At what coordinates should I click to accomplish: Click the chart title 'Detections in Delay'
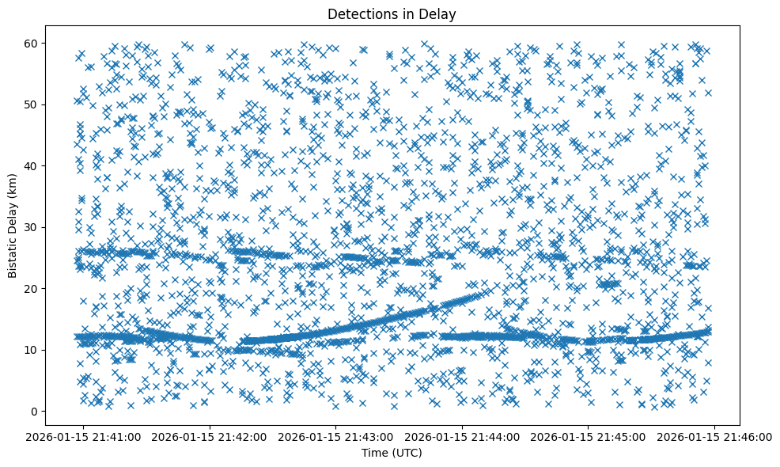(392, 13)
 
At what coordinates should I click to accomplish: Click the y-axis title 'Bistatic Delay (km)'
(13, 227)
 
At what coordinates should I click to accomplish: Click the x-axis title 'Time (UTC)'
(392, 453)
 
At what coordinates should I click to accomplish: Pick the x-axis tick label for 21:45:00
(588, 436)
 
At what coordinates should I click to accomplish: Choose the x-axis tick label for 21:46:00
(714, 436)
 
